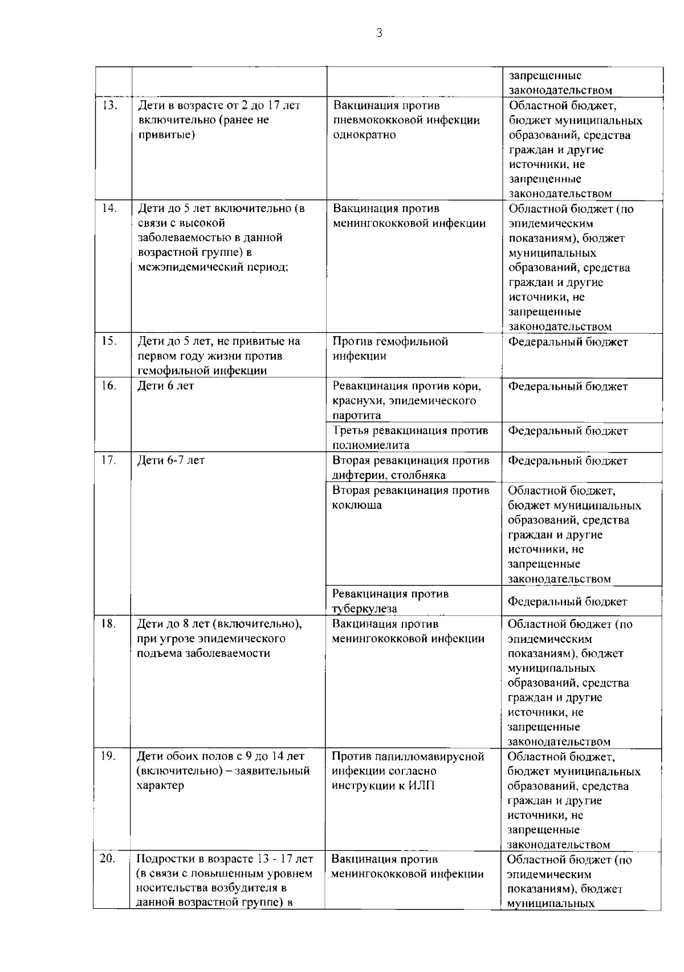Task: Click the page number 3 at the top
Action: coord(379,33)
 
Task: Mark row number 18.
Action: coord(109,624)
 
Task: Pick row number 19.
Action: coord(109,756)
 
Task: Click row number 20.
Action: coord(108,859)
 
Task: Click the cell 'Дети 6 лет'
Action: coord(166,386)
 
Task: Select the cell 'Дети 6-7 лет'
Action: coord(171,460)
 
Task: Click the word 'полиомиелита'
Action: coord(370,445)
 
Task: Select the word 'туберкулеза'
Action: coord(364,609)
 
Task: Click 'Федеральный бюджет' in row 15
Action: coord(568,342)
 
